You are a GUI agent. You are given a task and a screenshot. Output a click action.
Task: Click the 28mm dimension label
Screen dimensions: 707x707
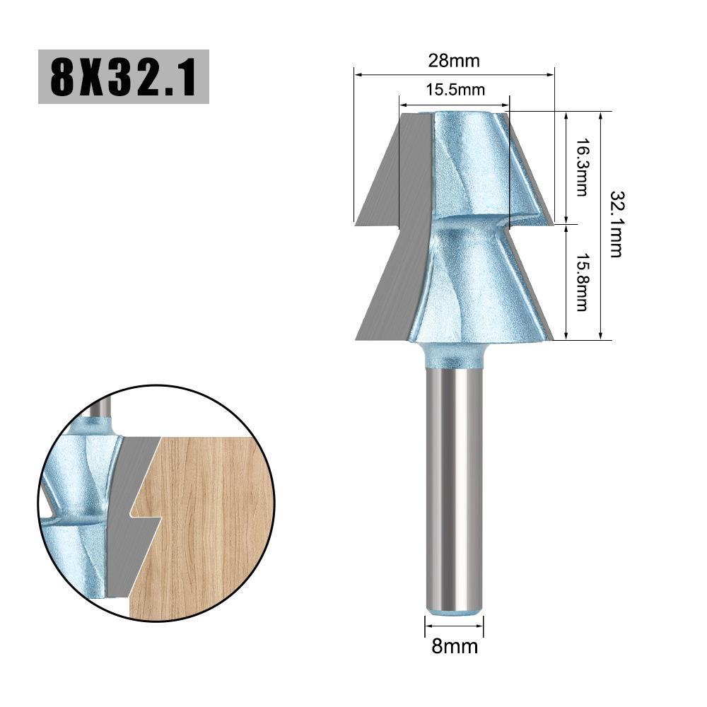pyautogui.click(x=453, y=61)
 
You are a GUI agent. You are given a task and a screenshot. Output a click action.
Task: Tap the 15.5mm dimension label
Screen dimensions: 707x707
pyautogui.click(x=455, y=90)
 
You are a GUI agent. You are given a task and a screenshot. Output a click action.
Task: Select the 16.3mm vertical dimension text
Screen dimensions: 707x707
pyautogui.click(x=581, y=168)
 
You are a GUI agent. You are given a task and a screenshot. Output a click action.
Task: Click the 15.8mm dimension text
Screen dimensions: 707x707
pyautogui.click(x=581, y=282)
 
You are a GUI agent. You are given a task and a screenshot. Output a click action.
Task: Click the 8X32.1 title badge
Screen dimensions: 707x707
pyautogui.click(x=123, y=76)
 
